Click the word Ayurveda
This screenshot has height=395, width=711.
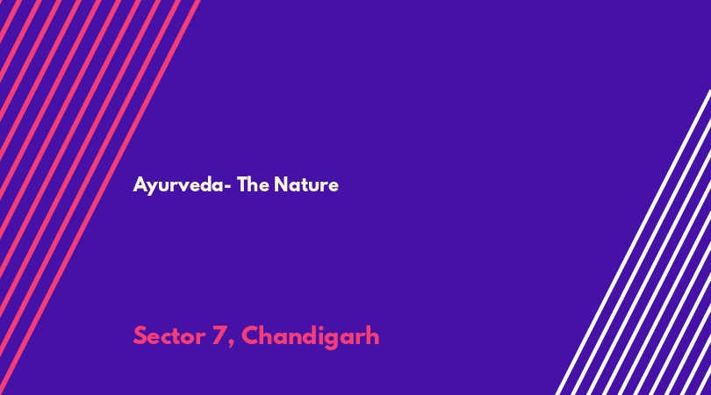[x=178, y=185]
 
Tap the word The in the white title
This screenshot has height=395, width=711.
[x=253, y=184]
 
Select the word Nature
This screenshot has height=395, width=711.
[x=306, y=184]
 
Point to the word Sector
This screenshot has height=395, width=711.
[x=169, y=336]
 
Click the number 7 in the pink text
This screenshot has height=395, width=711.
[x=219, y=336]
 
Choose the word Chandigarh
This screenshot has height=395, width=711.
[x=310, y=337]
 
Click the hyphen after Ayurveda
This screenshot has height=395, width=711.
[x=228, y=186]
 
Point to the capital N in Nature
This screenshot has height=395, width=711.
[x=281, y=184]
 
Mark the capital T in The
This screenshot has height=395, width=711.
[x=242, y=184]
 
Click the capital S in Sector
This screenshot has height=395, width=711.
[x=140, y=336]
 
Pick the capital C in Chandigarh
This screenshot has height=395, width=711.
[x=250, y=336]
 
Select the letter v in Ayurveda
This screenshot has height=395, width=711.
[x=184, y=186]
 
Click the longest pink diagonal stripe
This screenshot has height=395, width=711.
[x=100, y=197]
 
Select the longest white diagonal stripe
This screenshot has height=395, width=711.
[x=633, y=242]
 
